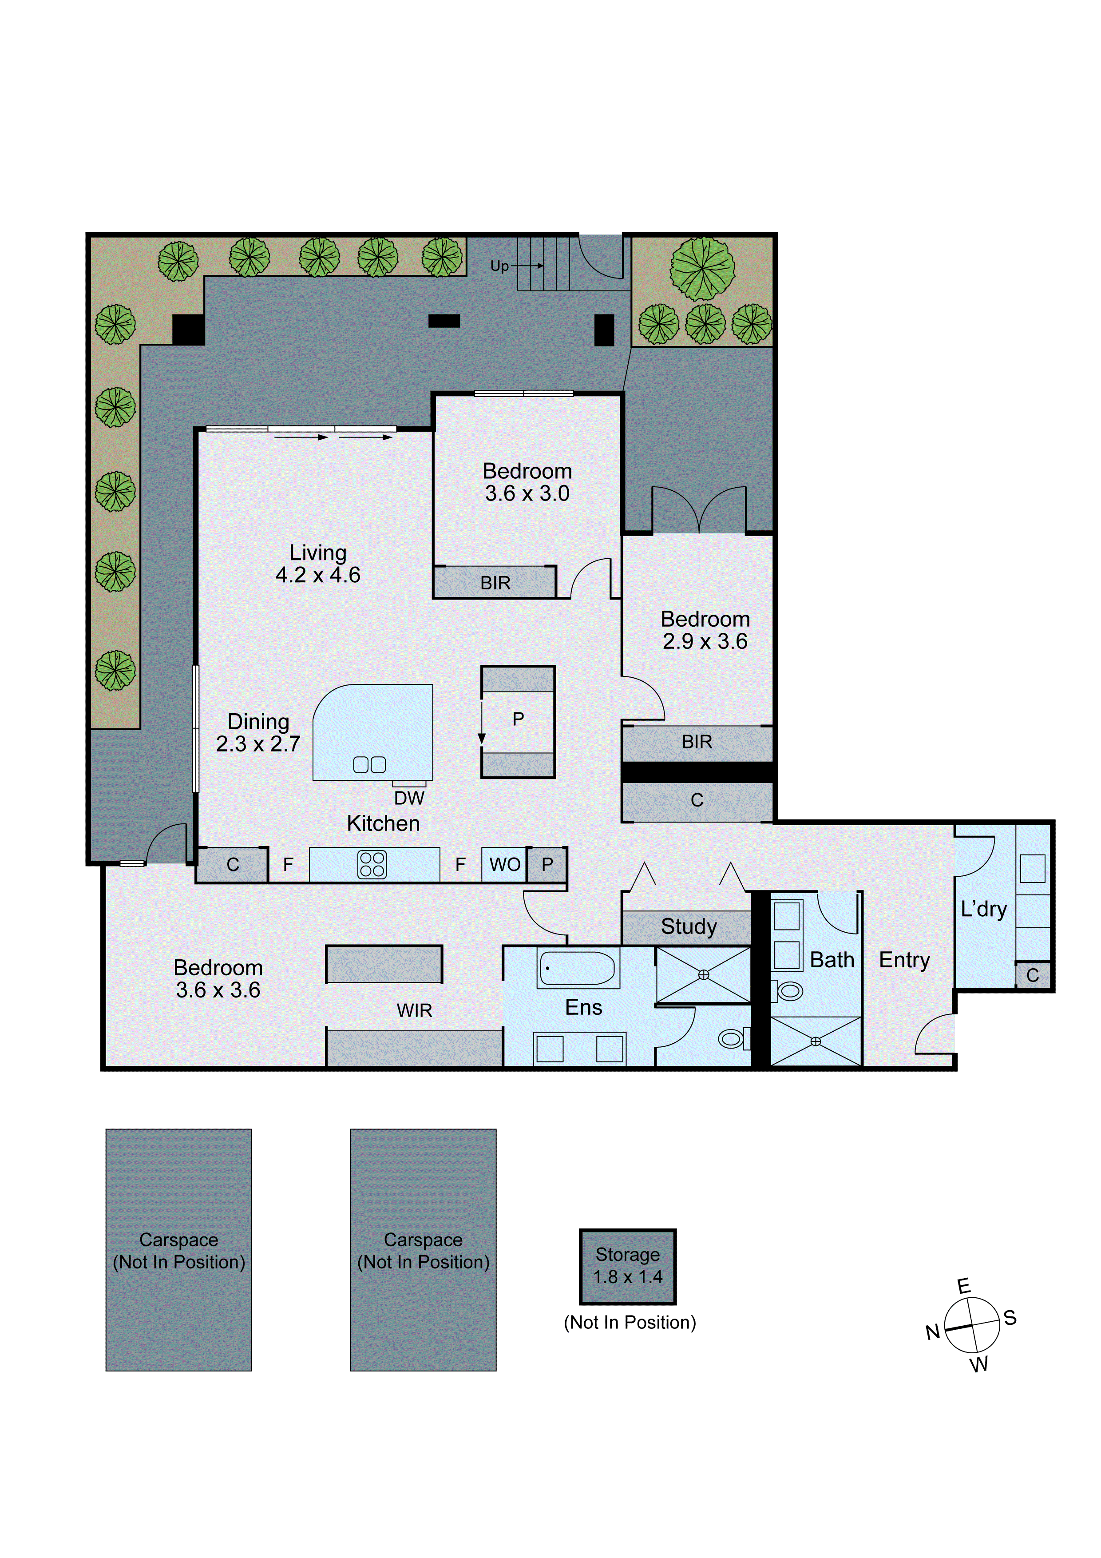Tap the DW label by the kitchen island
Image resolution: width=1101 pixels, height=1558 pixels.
(409, 798)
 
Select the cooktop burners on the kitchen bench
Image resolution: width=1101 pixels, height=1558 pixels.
(372, 865)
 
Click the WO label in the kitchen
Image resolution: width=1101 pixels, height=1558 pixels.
(505, 865)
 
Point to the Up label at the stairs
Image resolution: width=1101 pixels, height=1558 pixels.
(499, 266)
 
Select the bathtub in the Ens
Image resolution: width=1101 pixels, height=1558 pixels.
(577, 968)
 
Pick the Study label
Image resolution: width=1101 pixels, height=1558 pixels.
(689, 926)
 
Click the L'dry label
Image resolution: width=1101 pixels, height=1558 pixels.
(984, 909)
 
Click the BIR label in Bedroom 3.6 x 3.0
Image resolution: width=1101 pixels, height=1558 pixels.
(495, 583)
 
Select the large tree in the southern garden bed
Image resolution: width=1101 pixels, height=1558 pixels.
(702, 269)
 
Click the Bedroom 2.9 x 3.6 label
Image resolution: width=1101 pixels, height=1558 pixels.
(705, 630)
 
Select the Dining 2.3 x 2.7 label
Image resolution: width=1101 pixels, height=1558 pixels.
(258, 732)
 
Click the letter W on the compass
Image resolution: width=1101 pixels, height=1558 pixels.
(979, 1365)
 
